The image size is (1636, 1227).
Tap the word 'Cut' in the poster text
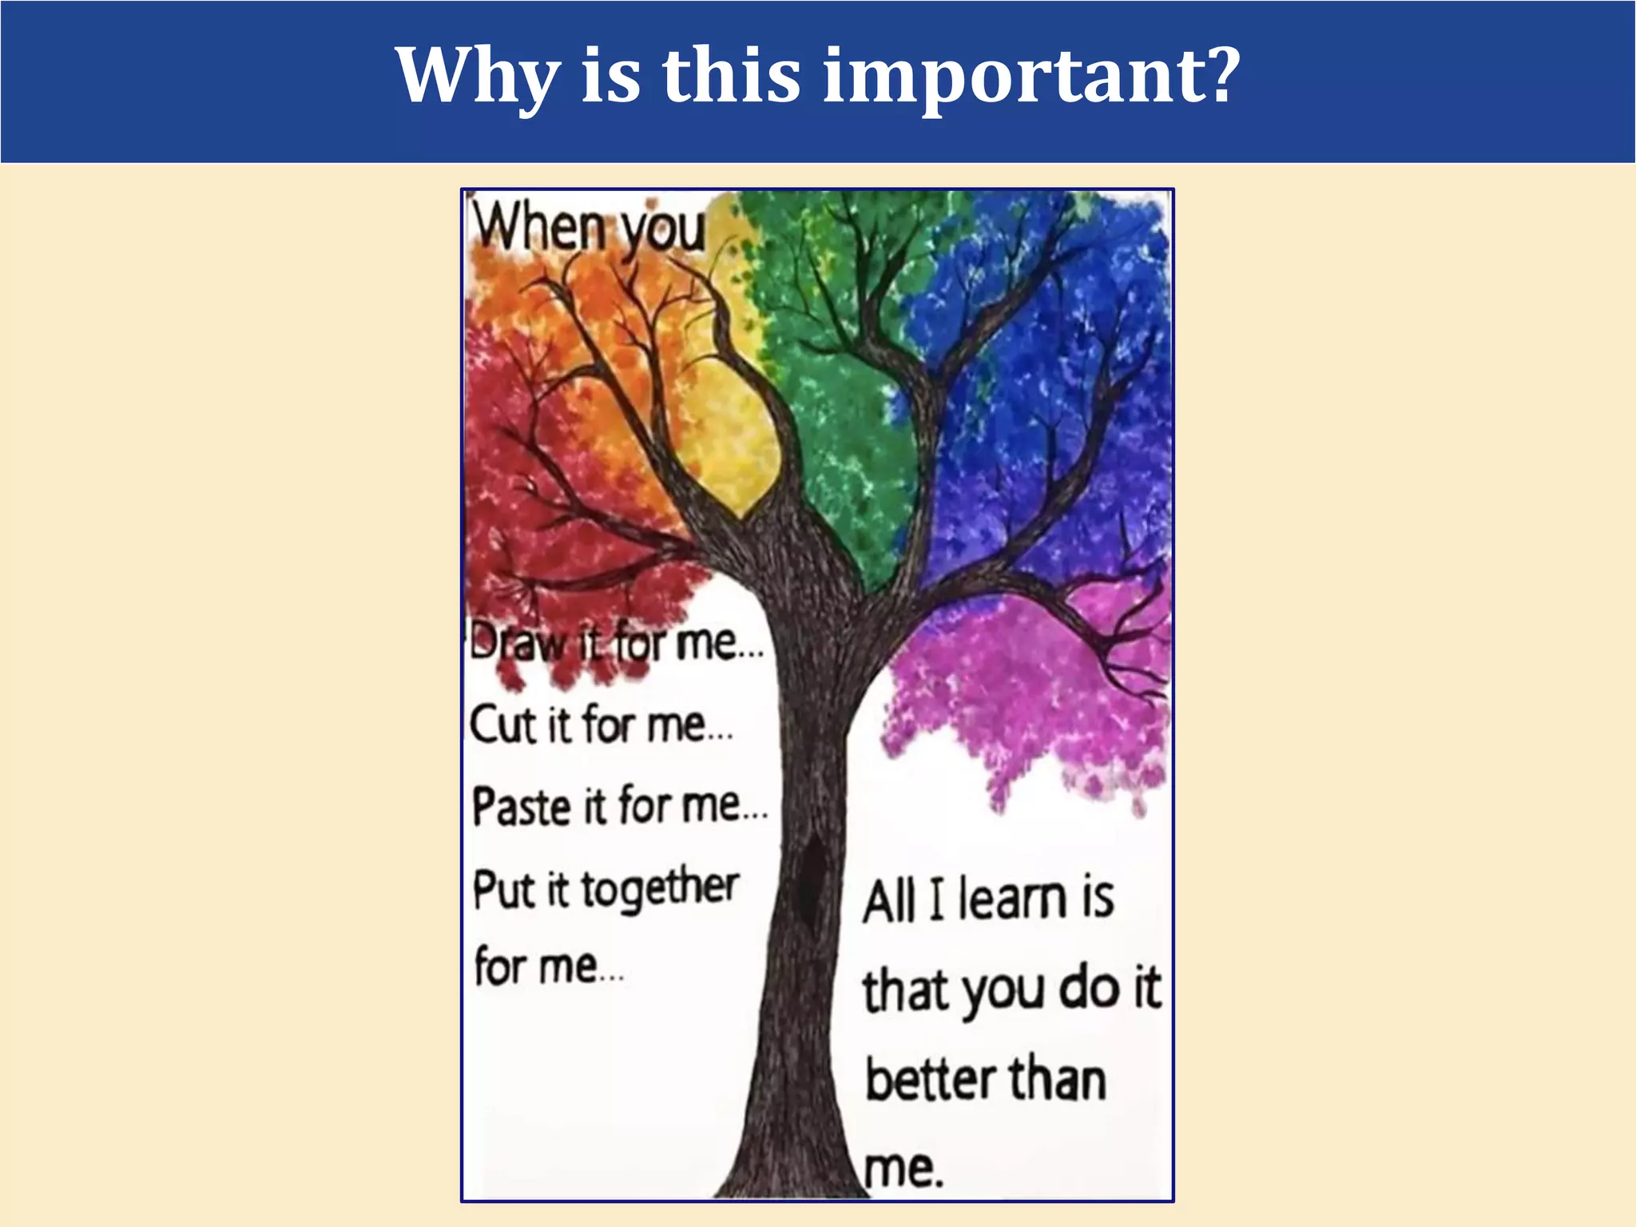pos(502,725)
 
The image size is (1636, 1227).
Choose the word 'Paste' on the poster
pos(520,807)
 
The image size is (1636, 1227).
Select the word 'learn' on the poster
pos(1013,899)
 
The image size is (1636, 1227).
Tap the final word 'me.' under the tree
pos(904,1169)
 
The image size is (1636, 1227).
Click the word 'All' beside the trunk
pos(888,901)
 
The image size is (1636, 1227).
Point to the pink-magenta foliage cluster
pos(1030,703)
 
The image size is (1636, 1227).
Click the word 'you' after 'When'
pos(663,230)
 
